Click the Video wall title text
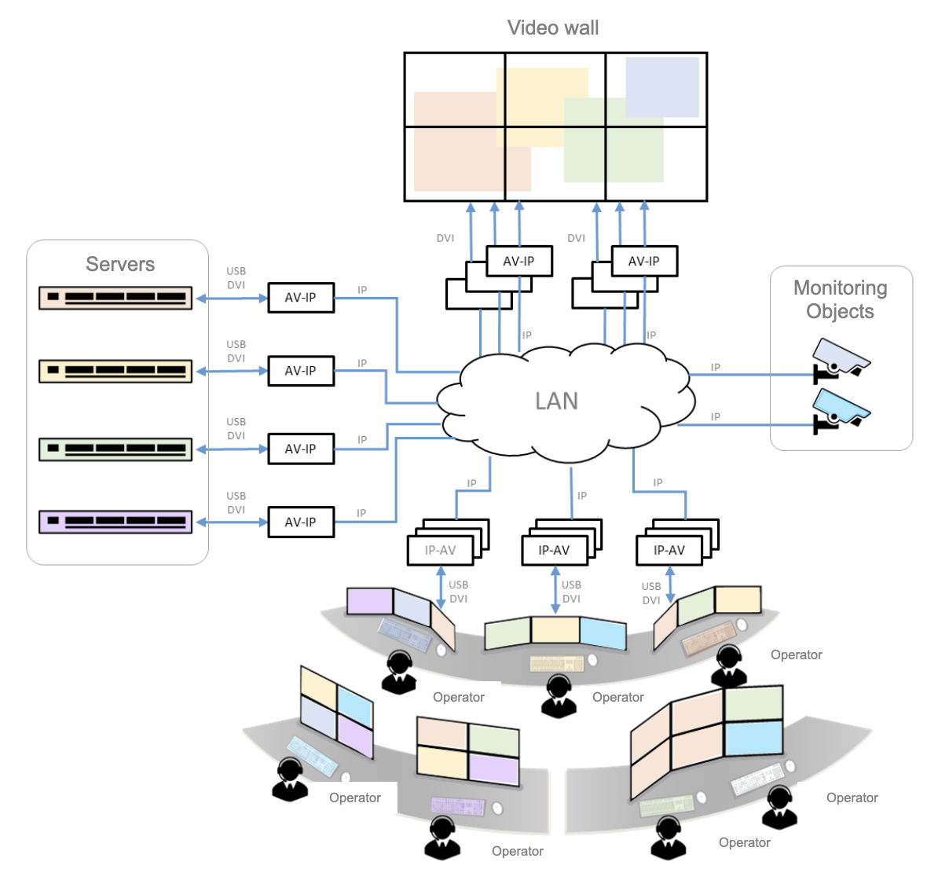[x=553, y=28]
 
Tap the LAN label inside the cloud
[x=556, y=401]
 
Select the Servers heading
[x=120, y=264]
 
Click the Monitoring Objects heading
[x=841, y=299]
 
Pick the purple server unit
[x=115, y=522]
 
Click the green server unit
[x=115, y=449]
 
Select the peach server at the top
[x=115, y=298]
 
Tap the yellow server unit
[x=115, y=371]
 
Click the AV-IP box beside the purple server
[x=301, y=522]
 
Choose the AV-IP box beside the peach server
[x=301, y=298]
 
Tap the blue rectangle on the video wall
[x=662, y=86]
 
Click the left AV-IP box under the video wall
[x=518, y=261]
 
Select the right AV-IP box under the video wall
[x=644, y=261]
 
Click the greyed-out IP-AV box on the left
[x=440, y=550]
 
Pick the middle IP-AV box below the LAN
[x=555, y=550]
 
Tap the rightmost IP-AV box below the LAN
[x=669, y=550]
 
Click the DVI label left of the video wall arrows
[x=445, y=238]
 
